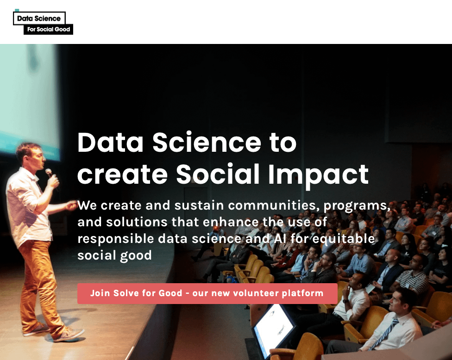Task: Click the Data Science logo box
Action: click(39, 18)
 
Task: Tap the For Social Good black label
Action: click(49, 29)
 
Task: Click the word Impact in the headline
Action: click(318, 175)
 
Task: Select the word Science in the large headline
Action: click(207, 142)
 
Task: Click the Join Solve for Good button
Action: click(207, 293)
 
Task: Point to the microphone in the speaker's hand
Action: click(49, 173)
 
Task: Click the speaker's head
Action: click(30, 156)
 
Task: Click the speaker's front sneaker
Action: click(69, 334)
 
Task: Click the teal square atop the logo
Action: click(17, 10)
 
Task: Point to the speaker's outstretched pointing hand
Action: click(71, 205)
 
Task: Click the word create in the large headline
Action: click(122, 175)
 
